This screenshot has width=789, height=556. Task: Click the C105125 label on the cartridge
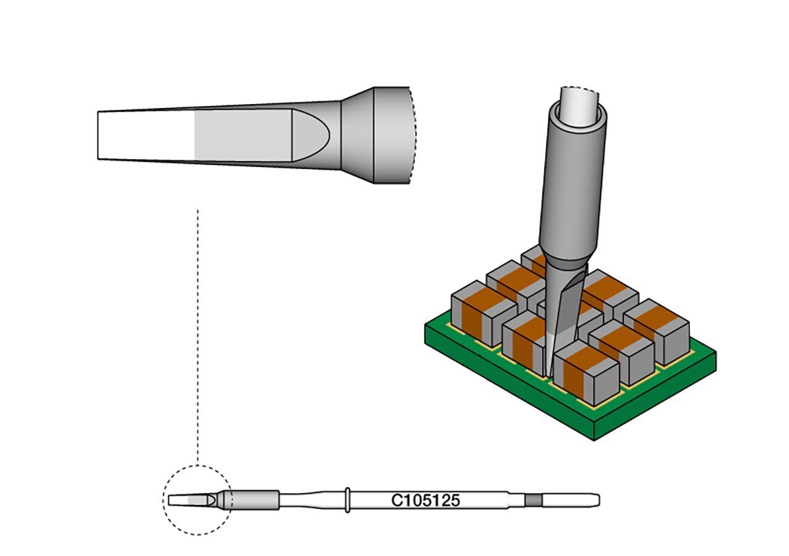(425, 501)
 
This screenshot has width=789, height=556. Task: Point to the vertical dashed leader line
(198, 337)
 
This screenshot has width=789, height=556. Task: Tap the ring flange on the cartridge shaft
(347, 501)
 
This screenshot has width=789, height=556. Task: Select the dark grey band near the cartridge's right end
(533, 501)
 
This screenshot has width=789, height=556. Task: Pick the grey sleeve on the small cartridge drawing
(256, 501)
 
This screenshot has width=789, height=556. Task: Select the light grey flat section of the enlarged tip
(243, 135)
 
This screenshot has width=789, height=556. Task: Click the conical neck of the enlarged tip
(358, 135)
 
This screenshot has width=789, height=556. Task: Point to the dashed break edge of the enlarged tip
(413, 135)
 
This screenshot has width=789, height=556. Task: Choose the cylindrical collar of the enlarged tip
(391, 135)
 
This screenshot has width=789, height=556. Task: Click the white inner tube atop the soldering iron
(579, 105)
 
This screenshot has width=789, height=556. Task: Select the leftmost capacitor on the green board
(484, 313)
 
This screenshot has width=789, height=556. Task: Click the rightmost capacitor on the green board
(656, 332)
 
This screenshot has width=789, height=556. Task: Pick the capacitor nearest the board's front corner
(586, 373)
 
